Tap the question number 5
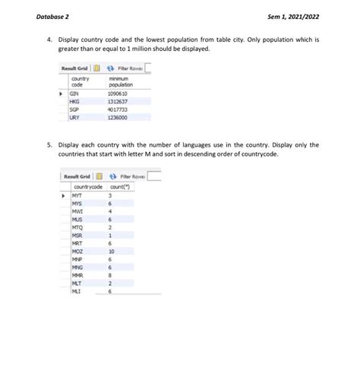click(47, 144)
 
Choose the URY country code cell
click(75, 117)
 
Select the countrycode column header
click(88, 185)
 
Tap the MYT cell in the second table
click(77, 195)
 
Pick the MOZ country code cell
click(77, 251)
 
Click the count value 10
click(112, 251)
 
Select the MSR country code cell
click(77, 235)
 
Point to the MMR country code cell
click(77, 274)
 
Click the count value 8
click(111, 274)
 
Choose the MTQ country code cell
click(77, 227)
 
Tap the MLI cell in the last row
click(77, 290)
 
